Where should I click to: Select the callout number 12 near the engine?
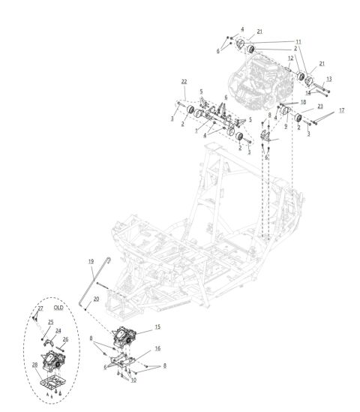pos(289,58)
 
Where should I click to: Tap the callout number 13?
pos(328,78)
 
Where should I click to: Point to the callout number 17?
pos(341,111)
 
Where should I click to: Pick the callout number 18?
pos(303,101)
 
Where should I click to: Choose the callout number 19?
pos(90,260)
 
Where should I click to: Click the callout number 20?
pos(96,299)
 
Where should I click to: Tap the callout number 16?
pos(157,348)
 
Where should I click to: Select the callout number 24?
pos(58,330)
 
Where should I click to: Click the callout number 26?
pos(66,339)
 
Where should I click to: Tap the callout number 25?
pos(51,323)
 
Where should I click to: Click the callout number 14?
pos(307,92)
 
